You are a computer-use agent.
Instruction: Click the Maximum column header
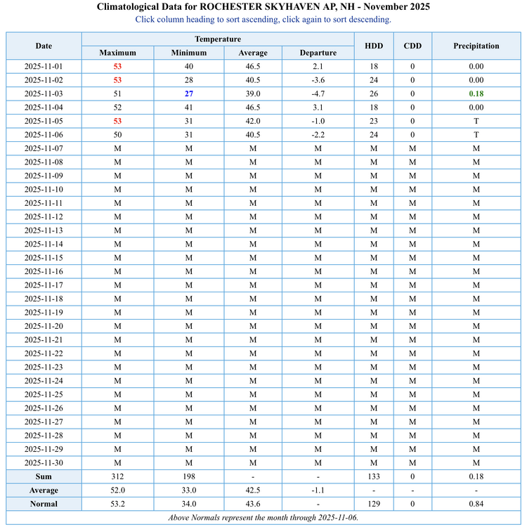point(117,53)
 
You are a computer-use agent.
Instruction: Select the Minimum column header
point(189,53)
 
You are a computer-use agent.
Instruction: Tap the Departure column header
point(318,53)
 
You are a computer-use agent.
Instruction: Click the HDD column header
point(374,46)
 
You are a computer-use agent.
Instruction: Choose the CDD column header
point(412,46)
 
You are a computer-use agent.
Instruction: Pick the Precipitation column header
point(476,46)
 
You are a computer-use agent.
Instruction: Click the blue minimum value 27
point(189,93)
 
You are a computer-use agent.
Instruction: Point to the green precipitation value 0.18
point(476,93)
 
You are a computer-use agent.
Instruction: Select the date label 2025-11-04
point(44,108)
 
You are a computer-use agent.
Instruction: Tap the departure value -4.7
point(318,93)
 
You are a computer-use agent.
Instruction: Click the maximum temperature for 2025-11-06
point(117,135)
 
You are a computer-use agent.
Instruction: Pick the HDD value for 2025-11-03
point(374,93)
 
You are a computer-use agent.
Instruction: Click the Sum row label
point(44,476)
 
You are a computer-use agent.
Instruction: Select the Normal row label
point(44,504)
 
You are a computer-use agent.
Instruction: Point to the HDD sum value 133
point(374,476)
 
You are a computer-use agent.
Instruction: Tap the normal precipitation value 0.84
point(476,504)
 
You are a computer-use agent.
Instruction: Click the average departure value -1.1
point(318,490)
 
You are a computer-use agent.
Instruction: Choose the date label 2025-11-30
point(44,463)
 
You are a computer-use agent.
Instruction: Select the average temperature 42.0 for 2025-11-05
point(253,121)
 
